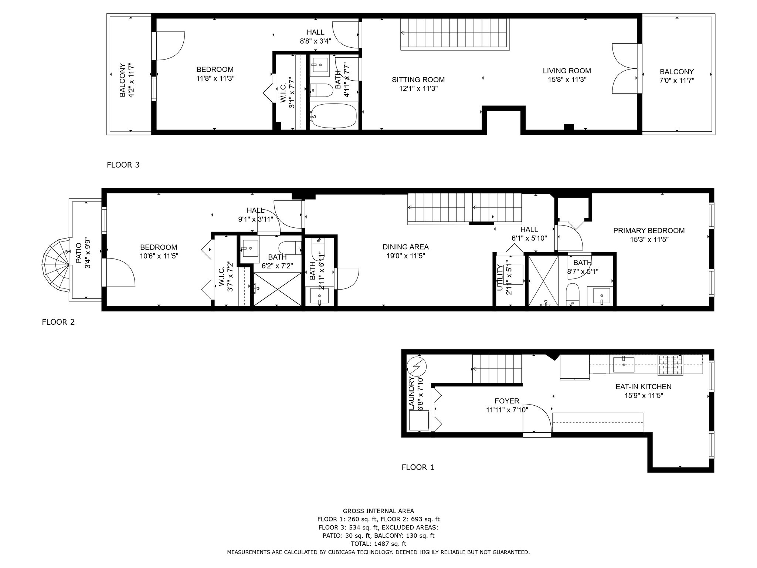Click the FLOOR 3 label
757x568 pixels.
pyautogui.click(x=123, y=165)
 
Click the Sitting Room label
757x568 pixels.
pyautogui.click(x=418, y=80)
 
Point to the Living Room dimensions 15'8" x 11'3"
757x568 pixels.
pyautogui.click(x=567, y=80)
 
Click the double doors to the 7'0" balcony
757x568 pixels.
pyautogui.click(x=625, y=68)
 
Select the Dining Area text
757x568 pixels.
pyautogui.click(x=405, y=247)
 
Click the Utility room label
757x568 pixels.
pyautogui.click(x=500, y=278)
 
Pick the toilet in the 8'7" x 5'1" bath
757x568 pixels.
pyautogui.click(x=573, y=294)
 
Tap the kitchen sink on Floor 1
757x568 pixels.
pyautogui.click(x=624, y=364)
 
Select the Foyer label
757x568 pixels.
pyautogui.click(x=507, y=401)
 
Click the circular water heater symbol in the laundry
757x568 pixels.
pyautogui.click(x=417, y=366)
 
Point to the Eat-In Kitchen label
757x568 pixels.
pyautogui.click(x=643, y=387)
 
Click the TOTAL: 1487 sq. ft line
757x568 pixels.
pyautogui.click(x=378, y=544)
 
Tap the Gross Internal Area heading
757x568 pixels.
pyautogui.click(x=378, y=511)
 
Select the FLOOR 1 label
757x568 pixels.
pyautogui.click(x=418, y=467)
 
